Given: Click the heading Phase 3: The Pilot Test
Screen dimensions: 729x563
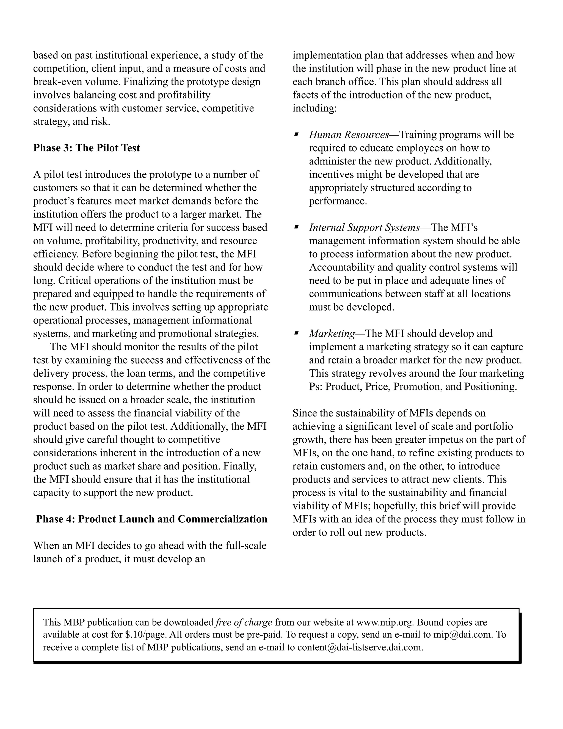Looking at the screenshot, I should [x=86, y=148].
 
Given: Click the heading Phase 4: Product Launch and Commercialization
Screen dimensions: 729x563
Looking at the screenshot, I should [x=152, y=519].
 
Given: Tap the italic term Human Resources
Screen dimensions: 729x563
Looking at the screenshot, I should [x=349, y=135].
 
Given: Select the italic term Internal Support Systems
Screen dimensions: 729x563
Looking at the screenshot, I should [x=364, y=228].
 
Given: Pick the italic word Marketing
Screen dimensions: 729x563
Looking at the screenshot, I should [x=332, y=333].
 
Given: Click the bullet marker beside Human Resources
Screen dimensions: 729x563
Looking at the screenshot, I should [x=296, y=134].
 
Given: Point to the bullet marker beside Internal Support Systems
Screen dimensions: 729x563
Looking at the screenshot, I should [x=296, y=227].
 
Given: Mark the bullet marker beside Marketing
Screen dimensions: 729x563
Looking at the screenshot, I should [x=296, y=333].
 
